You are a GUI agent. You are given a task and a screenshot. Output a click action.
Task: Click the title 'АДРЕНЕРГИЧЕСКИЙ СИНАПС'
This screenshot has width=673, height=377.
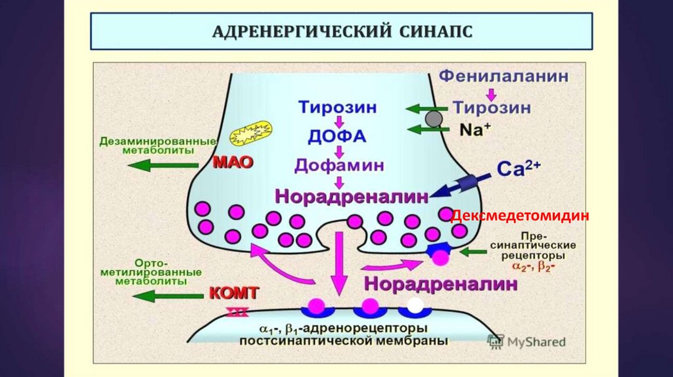click(342, 31)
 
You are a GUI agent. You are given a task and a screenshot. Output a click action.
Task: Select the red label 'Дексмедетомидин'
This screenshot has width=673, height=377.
click(519, 215)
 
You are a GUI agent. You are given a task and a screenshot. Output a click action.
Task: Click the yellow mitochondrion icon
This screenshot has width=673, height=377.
click(250, 134)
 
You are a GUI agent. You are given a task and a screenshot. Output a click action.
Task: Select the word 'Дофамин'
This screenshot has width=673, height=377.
click(338, 164)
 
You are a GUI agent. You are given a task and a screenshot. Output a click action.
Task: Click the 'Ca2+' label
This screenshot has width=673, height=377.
click(519, 169)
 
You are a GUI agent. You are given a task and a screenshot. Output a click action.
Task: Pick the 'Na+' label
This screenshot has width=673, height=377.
click(475, 129)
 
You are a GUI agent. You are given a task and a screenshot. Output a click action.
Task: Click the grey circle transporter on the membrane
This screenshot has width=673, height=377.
click(434, 119)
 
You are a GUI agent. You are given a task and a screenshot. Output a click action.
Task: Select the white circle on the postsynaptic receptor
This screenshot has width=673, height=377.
click(415, 305)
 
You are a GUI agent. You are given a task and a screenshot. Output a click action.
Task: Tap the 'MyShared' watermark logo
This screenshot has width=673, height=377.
click(526, 342)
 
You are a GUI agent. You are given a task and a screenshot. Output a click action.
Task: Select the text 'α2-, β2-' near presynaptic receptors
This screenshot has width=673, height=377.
click(533, 267)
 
